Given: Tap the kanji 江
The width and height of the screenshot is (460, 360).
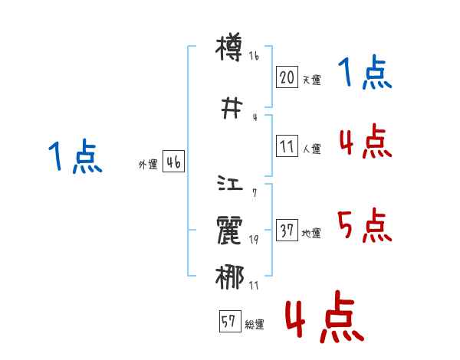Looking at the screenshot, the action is coord(230,185).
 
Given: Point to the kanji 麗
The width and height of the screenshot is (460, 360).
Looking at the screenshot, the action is coord(230,230).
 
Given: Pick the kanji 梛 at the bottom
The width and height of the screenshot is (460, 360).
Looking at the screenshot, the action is coord(230,275).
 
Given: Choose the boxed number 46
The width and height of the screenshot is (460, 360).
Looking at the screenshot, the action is coord(173,162).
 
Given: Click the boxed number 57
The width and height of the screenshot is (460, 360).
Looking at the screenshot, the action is coord(229,322).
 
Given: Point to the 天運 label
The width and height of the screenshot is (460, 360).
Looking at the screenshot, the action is coord(311,80).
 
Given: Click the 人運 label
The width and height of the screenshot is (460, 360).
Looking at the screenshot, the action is coord(311,149).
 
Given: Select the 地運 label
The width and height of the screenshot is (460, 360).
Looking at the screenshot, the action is coord(311,233).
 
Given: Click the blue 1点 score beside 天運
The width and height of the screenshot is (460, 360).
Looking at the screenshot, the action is coord(365,74).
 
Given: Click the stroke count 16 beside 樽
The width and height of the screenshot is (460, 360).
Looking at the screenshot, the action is coord(255,56).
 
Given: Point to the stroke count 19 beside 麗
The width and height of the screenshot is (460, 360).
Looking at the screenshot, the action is coord(254,240).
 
